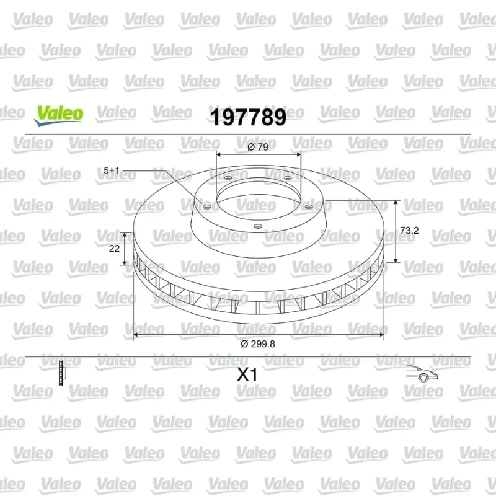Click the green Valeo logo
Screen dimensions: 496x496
59,116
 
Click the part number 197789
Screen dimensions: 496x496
249,117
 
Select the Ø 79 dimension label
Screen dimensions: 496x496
258,147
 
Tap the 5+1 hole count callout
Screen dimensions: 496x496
112,170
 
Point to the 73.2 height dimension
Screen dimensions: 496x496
409,231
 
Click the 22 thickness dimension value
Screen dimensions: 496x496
114,249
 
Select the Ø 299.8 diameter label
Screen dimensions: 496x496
258,344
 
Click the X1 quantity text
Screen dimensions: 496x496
247,374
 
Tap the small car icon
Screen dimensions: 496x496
422,373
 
